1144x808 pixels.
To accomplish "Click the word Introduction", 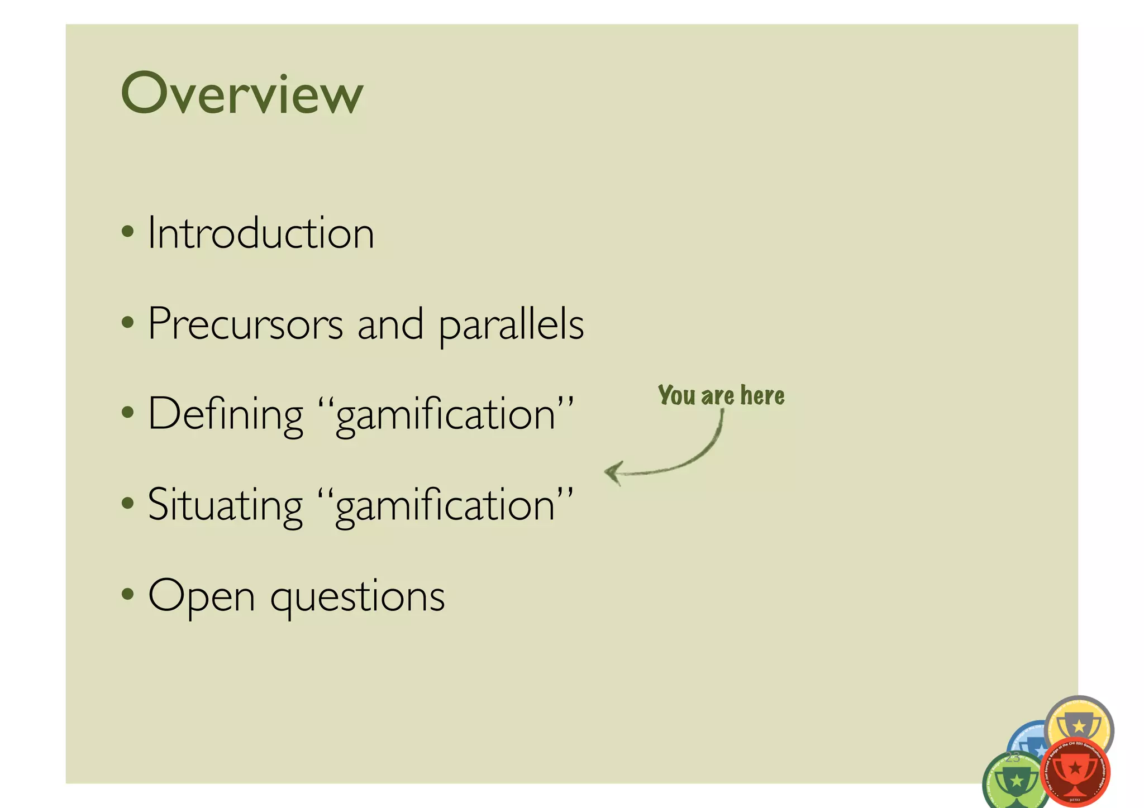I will point(260,233).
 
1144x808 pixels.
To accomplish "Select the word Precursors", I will point(245,324).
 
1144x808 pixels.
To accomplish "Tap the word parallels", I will point(511,325).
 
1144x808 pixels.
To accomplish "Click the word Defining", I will point(225,415).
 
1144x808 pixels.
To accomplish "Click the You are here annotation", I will point(721,395).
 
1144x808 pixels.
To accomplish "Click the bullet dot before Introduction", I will point(128,231).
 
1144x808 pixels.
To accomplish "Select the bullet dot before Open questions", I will point(128,594).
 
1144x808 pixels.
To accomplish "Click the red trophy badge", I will point(1075,772).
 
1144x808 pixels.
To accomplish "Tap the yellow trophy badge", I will point(1079,723).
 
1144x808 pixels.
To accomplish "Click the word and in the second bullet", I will point(390,325).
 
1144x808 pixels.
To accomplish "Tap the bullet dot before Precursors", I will point(128,322).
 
